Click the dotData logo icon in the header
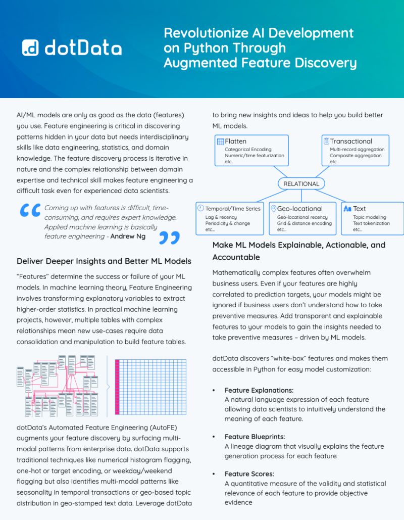coord(30,48)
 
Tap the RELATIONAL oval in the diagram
coord(301,184)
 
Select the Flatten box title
coord(236,141)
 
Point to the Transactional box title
coord(351,141)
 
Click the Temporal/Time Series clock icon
coord(200,208)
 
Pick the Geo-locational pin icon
coord(273,208)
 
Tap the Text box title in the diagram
coord(360,208)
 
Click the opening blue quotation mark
coord(30,210)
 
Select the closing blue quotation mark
coord(169,237)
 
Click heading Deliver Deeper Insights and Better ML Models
coord(104,261)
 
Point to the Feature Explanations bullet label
coord(259,390)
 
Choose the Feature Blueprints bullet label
coord(255,437)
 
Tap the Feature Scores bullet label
coord(249,474)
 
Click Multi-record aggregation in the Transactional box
coord(357,150)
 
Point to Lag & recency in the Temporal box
coord(221,217)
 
